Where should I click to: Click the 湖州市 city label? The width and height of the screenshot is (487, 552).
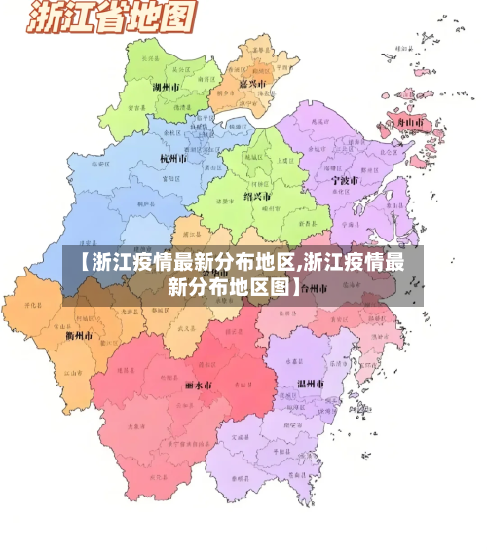pyautogui.click(x=168, y=87)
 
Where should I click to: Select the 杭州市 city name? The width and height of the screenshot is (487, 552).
pyautogui.click(x=175, y=158)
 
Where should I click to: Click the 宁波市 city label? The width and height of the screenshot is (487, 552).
pyautogui.click(x=344, y=181)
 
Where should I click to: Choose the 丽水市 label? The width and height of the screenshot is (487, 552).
pyautogui.click(x=198, y=386)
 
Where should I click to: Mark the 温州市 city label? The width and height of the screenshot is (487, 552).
pyautogui.click(x=310, y=384)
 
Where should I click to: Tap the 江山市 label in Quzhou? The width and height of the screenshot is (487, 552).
pyautogui.click(x=70, y=373)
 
